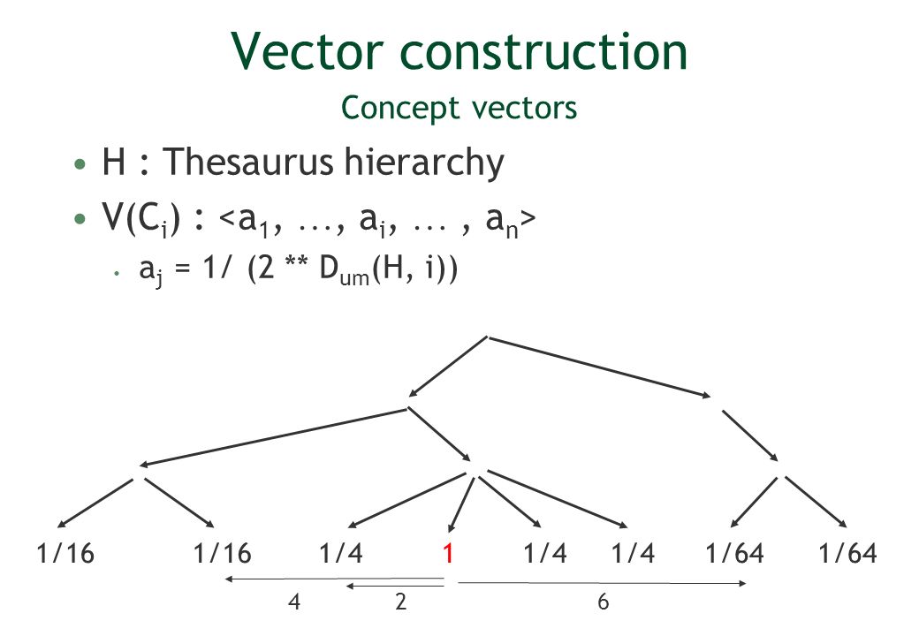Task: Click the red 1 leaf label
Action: coord(449,554)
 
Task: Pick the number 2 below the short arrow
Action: coord(401,603)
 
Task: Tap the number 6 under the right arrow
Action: coord(603,603)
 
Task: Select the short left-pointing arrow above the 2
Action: coord(394,586)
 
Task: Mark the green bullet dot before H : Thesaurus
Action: coord(80,164)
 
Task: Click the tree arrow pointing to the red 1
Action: coord(459,504)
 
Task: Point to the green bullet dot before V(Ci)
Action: coord(80,219)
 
